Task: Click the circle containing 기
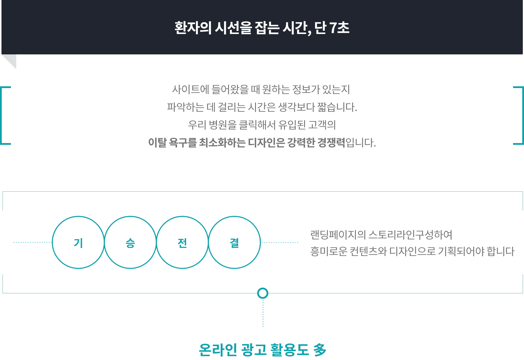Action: tap(78, 217)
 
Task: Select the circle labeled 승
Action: tap(130, 217)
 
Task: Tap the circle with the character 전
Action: tap(182, 217)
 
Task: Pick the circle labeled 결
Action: tap(234, 217)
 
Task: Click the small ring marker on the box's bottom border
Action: tap(263, 288)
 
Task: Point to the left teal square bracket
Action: tap(1, 115)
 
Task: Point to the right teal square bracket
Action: tap(523, 115)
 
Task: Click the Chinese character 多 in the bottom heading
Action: tap(320, 350)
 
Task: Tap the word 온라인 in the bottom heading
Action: tap(218, 350)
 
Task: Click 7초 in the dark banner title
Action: tap(339, 28)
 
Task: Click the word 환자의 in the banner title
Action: tap(193, 28)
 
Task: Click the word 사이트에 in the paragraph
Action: tap(191, 89)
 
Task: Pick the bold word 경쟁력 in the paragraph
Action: tap(331, 142)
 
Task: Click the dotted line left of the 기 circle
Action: tap(33, 242)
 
